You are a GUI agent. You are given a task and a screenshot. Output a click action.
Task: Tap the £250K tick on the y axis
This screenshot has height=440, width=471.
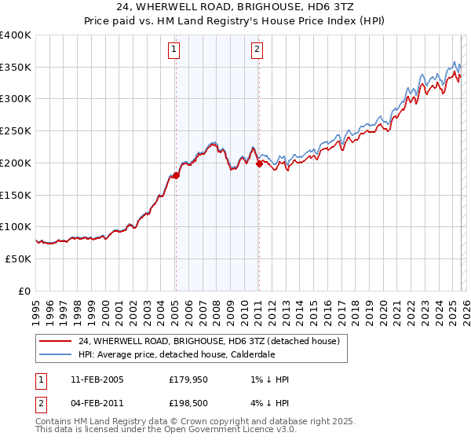tap(15, 131)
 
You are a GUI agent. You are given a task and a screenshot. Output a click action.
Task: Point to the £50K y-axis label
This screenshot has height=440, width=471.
tap(17, 258)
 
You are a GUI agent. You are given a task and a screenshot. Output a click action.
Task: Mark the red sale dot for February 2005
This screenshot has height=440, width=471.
tap(176, 176)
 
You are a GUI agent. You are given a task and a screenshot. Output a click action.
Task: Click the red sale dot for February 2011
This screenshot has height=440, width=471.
tap(259, 164)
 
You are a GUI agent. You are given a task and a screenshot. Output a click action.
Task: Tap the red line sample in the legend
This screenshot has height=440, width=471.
tap(55, 341)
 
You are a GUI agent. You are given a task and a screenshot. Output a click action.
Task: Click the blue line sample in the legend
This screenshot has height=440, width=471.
tap(55, 354)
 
